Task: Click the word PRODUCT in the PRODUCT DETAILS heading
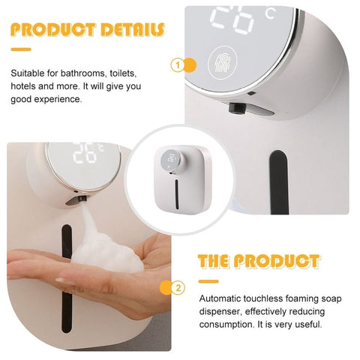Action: pyautogui.click(x=53, y=29)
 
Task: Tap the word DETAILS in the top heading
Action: pyautogui.click(x=133, y=29)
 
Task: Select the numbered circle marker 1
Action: pyautogui.click(x=178, y=65)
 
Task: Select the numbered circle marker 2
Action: pyautogui.click(x=178, y=287)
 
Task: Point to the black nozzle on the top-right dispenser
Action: pyautogui.click(x=236, y=108)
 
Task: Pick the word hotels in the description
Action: pyautogui.click(x=23, y=86)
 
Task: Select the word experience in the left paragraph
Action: pyautogui.click(x=58, y=100)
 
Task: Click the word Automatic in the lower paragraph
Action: pyautogui.click(x=220, y=298)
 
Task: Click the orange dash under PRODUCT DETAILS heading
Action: pyautogui.click(x=21, y=49)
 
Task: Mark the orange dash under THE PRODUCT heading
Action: pyautogui.click(x=208, y=281)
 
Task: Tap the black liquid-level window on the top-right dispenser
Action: pyautogui.click(x=280, y=182)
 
